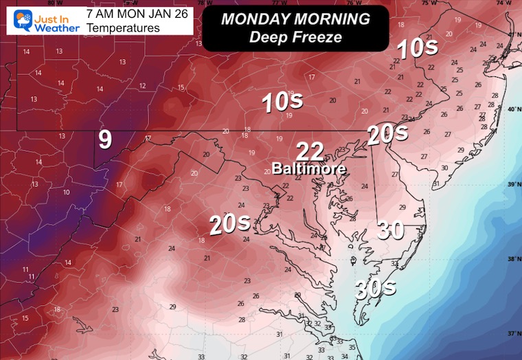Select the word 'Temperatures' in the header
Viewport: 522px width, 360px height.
click(118, 28)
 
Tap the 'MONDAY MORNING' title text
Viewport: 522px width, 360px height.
click(295, 19)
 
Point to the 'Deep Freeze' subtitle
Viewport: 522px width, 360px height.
click(295, 36)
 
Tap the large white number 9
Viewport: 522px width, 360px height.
click(104, 140)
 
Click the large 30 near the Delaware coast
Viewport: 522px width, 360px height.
click(390, 230)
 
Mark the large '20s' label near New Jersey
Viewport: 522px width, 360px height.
click(383, 133)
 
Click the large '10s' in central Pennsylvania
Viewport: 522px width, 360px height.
click(282, 102)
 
